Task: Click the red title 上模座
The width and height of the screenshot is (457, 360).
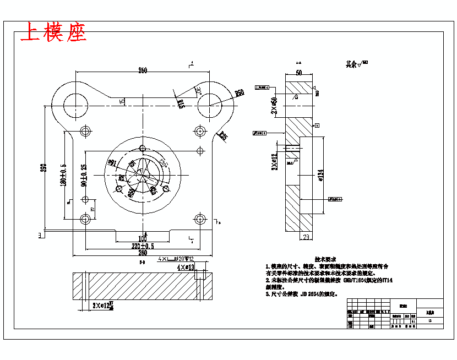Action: [x=53, y=33]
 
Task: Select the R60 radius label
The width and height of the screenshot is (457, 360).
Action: [x=240, y=94]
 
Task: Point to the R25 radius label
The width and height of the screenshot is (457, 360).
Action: [x=222, y=136]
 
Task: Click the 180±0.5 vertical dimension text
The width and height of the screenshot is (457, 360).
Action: [x=63, y=174]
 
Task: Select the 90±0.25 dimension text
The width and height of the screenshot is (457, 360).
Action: [x=83, y=174]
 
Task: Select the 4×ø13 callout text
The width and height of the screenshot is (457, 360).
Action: [x=186, y=267]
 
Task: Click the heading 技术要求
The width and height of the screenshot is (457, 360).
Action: [x=325, y=259]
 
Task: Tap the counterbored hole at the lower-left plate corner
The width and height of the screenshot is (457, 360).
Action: [x=85, y=219]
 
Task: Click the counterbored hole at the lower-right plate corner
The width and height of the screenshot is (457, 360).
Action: [x=199, y=219]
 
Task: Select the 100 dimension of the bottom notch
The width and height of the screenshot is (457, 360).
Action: [x=143, y=239]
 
